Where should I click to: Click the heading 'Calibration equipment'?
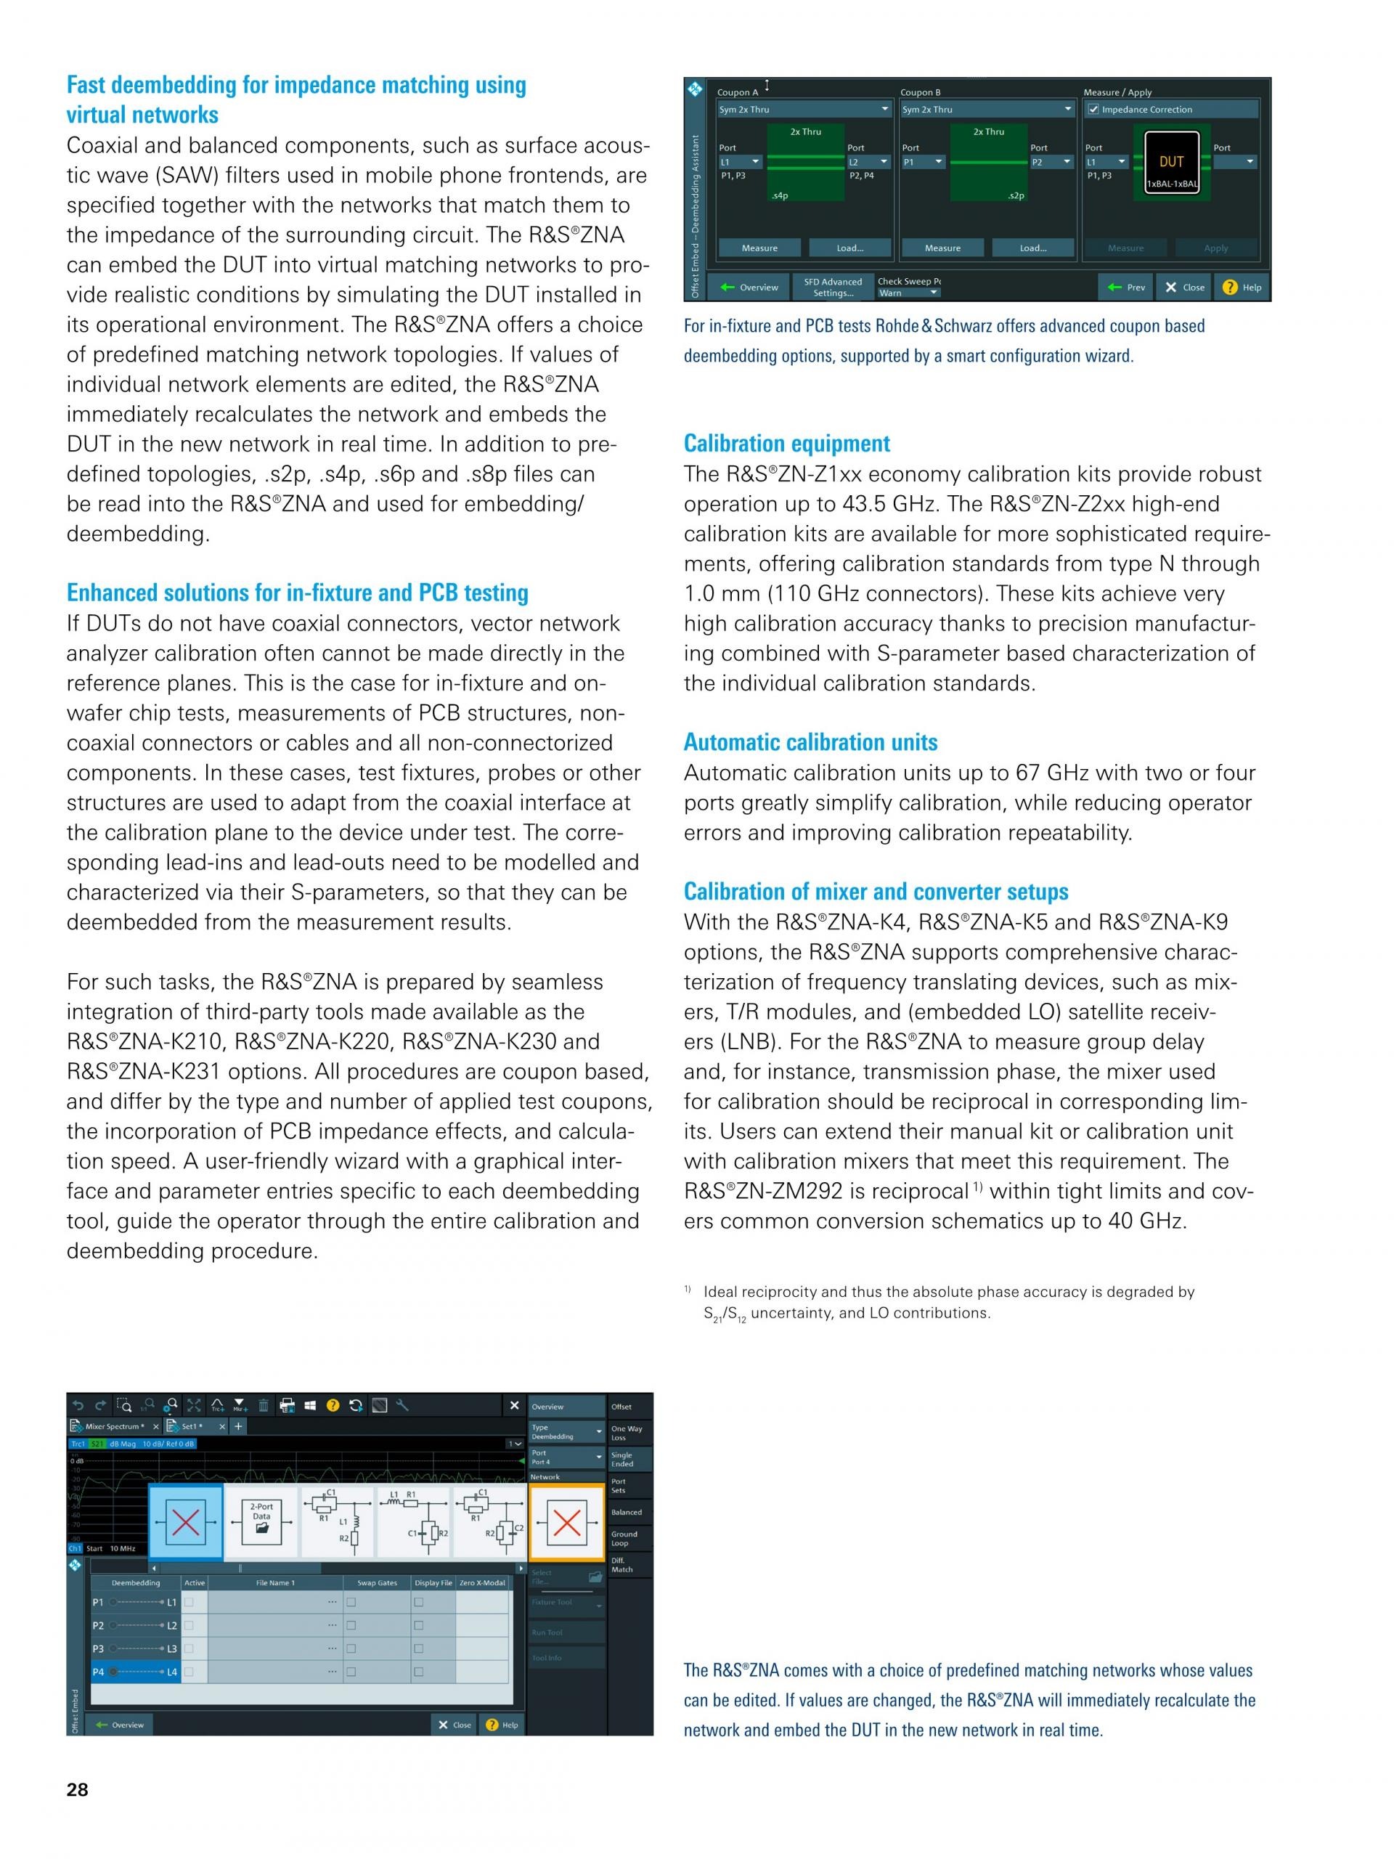786,444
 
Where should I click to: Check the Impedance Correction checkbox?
1093,109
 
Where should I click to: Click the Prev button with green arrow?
1126,288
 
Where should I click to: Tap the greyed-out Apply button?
1215,248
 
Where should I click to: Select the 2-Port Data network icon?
261,1522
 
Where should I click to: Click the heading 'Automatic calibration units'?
810,742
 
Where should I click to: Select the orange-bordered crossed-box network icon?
566,1522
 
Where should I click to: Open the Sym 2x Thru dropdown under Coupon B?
987,109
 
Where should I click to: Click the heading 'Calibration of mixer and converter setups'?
876,892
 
